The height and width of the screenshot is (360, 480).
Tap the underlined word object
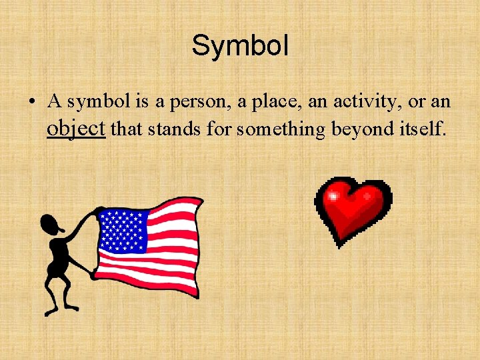coord(76,128)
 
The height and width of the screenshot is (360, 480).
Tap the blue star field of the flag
coord(121,230)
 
